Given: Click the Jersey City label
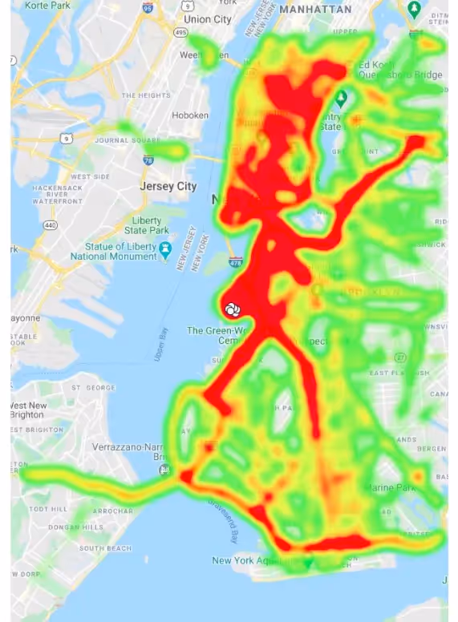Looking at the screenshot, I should (x=168, y=186).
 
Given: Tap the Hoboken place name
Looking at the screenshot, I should (x=190, y=115).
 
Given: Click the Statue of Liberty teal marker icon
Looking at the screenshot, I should (x=165, y=248).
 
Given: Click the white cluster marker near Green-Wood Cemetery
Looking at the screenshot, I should (x=232, y=308).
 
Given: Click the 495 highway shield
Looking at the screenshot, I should (x=182, y=33).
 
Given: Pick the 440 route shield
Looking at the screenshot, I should (x=51, y=225).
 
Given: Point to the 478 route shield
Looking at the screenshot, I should (x=235, y=262).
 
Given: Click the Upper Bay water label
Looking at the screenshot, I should (x=160, y=343).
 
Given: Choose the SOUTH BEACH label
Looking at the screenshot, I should (x=104, y=548).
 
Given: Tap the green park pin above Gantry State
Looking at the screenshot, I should (x=341, y=99).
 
